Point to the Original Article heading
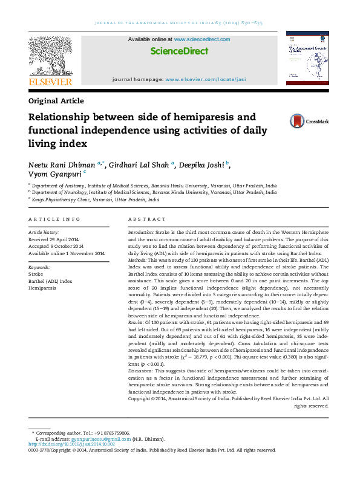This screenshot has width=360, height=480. [56, 101]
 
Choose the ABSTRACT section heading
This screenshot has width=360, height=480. [143, 219]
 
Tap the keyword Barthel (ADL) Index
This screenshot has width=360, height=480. [50, 281]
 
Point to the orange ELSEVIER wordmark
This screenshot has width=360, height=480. [50, 82]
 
